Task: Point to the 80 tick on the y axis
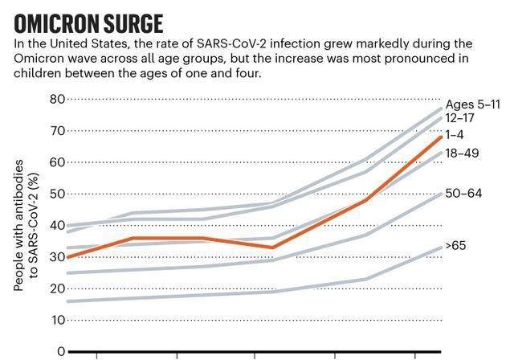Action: click(x=56, y=100)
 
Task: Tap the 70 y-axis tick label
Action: click(x=56, y=131)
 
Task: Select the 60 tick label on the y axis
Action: click(x=56, y=162)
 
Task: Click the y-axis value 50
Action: click(x=56, y=194)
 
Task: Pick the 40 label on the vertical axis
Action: click(x=56, y=226)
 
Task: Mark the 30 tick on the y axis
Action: click(x=56, y=257)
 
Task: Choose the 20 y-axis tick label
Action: click(x=56, y=288)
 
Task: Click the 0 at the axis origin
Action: click(x=60, y=352)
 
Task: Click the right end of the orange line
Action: click(x=441, y=137)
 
